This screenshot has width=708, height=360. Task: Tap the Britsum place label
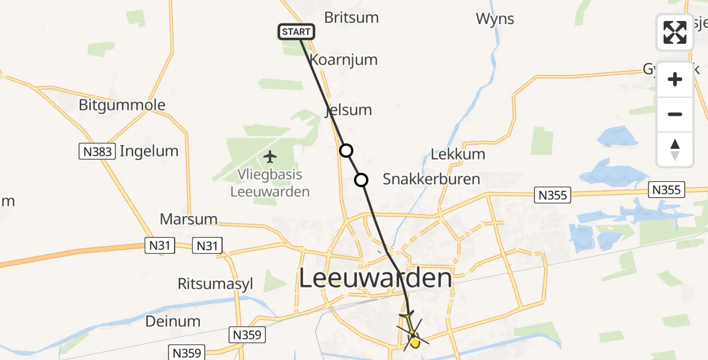tap(351, 17)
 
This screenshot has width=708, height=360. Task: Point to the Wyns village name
tap(495, 19)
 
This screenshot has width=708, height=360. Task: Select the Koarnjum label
tap(343, 60)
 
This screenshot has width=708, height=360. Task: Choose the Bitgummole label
tap(122, 106)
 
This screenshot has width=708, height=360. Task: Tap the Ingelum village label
tap(149, 151)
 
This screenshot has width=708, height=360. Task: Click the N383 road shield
tap(97, 152)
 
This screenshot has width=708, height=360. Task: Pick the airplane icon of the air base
tap(270, 157)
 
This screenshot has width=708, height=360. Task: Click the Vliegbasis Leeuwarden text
tap(270, 184)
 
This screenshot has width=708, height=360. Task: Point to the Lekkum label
tap(458, 154)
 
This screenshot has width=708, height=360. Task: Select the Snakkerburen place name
tap(431, 179)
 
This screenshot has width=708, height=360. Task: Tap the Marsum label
tap(188, 218)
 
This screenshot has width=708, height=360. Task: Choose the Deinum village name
tap(173, 321)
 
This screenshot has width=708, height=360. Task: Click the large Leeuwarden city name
tap(375, 279)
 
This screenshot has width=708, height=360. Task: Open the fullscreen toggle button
tap(675, 32)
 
